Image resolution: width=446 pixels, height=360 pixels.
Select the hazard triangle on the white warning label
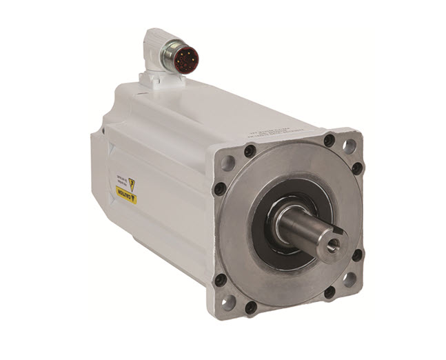[131, 185]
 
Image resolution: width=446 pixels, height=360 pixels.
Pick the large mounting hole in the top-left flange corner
[227, 163]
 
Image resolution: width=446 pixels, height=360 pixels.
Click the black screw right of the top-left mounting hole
[250, 151]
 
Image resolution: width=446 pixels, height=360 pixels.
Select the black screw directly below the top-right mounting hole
[357, 168]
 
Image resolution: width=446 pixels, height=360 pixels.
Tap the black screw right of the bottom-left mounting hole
[251, 307]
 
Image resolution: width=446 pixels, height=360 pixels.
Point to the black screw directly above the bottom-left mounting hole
[221, 280]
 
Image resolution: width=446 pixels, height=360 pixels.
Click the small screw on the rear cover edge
[103, 129]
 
